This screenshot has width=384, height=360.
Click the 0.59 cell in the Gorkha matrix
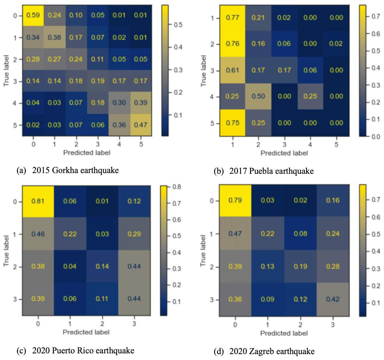click(x=33, y=16)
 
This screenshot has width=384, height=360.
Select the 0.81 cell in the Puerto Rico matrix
click(x=38, y=202)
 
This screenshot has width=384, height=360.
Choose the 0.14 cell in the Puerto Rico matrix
click(x=102, y=266)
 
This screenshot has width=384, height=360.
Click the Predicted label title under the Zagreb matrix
click(x=284, y=333)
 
